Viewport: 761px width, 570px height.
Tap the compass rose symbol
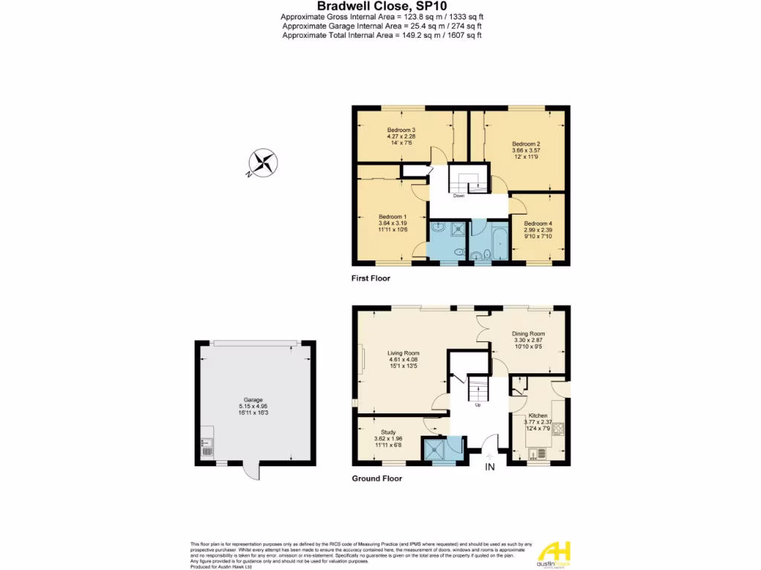coord(262,163)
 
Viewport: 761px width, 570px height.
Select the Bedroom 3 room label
coord(401,130)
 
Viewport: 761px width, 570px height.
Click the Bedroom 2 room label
coord(525,143)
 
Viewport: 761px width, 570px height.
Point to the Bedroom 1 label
coord(392,217)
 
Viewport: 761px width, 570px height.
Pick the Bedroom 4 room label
coord(537,223)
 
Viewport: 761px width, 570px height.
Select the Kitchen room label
coord(538,416)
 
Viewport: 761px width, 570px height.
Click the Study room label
coord(388,432)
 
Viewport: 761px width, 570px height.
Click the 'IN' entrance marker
coord(490,467)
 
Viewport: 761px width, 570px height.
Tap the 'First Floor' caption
coord(371,279)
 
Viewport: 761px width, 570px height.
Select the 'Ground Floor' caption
coord(377,479)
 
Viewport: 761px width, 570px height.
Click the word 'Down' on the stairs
coord(459,196)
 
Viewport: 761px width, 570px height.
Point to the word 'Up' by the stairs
coord(478,405)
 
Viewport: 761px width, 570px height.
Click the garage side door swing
coord(252,472)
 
